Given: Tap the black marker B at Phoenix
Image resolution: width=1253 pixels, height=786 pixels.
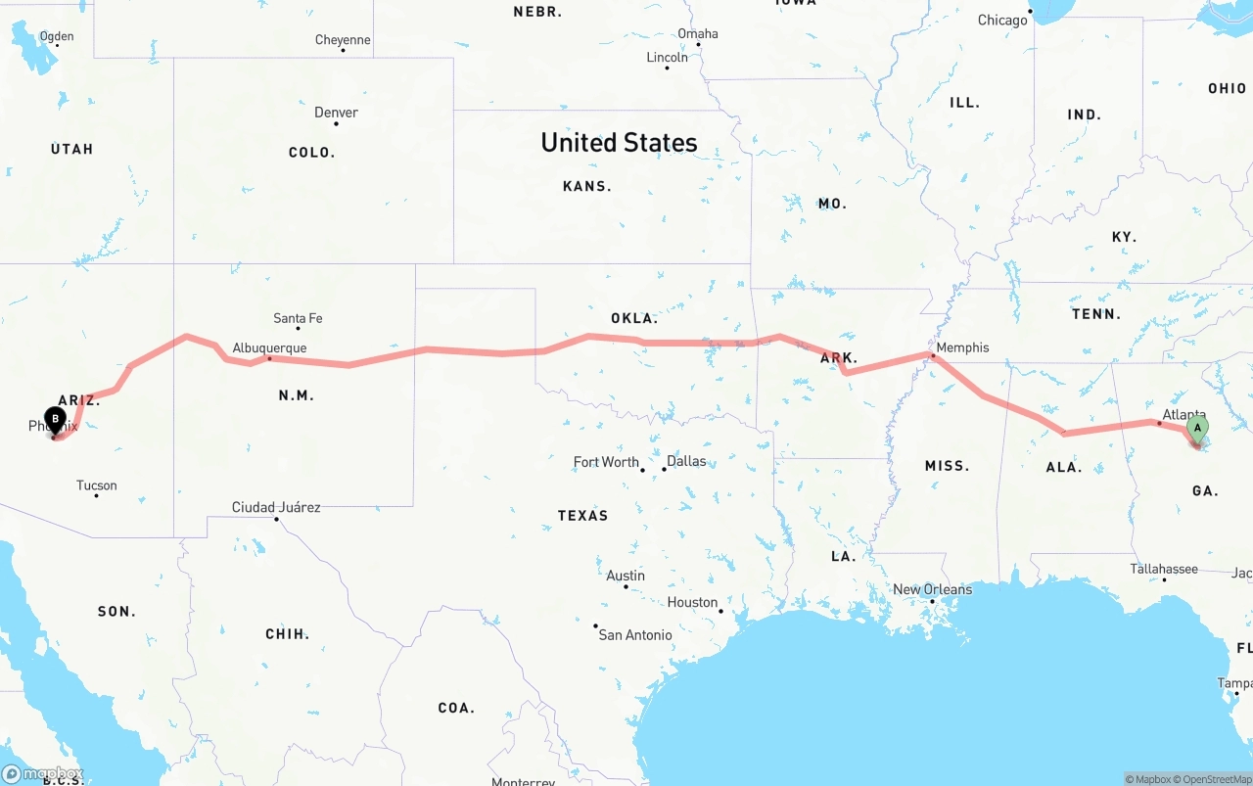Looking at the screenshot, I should [56, 420].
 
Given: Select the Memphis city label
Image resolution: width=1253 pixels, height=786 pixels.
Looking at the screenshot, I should [962, 347].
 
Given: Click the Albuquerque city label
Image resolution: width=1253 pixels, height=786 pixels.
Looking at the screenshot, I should [269, 347].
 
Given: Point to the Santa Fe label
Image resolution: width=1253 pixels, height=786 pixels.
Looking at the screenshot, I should [298, 318].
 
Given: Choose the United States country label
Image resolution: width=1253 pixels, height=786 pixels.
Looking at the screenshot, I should [619, 143].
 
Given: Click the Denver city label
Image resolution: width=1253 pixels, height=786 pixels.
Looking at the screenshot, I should [336, 113].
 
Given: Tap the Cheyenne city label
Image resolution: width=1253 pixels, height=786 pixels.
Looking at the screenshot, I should [343, 40].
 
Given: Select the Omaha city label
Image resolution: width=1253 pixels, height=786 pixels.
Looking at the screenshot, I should [698, 33].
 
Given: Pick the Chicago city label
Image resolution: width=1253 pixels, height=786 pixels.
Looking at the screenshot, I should [1002, 21].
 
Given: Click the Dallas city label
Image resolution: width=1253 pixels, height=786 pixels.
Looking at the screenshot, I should [686, 461].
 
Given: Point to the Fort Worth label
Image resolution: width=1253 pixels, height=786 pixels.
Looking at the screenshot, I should [606, 462].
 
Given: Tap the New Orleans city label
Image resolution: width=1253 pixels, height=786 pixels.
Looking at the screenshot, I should [933, 589].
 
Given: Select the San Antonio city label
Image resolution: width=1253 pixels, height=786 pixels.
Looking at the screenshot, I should [635, 635].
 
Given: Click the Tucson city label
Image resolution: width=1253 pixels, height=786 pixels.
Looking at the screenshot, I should [96, 485].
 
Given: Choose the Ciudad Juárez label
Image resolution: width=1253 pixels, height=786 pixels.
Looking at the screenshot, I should [276, 507].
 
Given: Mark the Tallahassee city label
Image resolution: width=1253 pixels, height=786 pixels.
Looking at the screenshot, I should [1164, 569].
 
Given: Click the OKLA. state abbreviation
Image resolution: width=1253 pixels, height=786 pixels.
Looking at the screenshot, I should [633, 318].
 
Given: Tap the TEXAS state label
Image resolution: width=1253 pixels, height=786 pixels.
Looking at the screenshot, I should [582, 516].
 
